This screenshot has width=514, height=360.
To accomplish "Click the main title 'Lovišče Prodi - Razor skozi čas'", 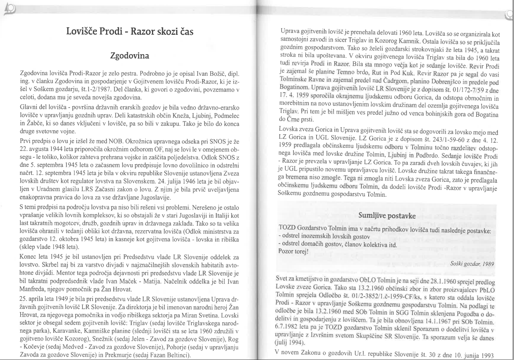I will pos(129,31).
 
